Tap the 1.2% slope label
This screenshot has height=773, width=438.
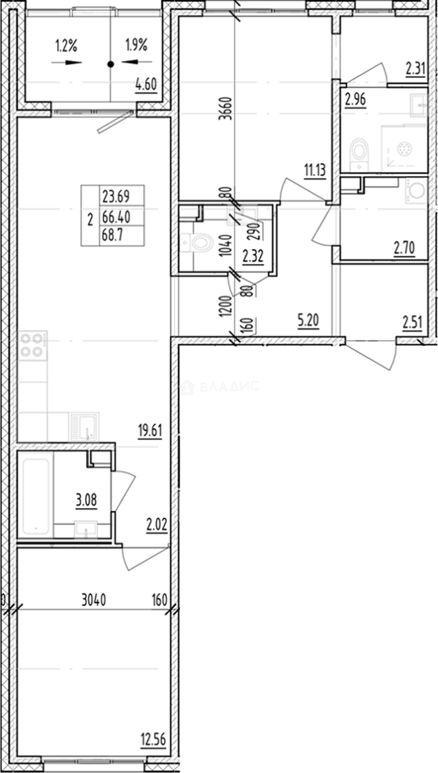(66, 47)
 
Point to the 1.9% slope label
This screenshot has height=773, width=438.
(135, 47)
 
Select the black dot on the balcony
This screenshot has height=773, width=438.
(110, 64)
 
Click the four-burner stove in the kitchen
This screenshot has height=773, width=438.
(32, 346)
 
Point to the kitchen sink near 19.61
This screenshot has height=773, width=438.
(84, 427)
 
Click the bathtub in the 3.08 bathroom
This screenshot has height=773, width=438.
(36, 495)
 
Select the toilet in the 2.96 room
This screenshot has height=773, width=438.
(359, 150)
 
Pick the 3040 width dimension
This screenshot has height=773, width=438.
(93, 601)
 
